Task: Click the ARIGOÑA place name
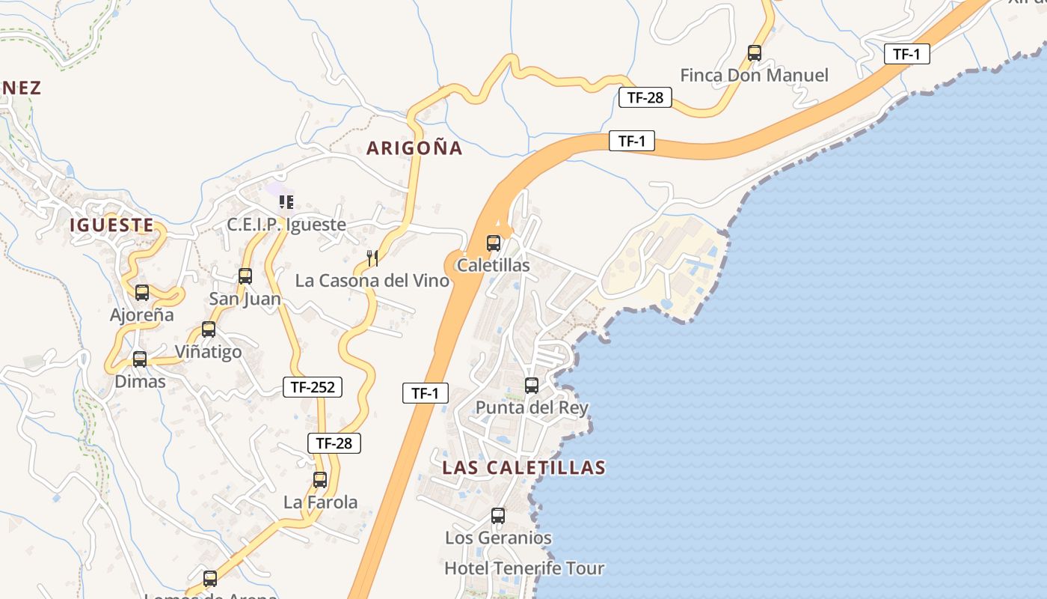[x=414, y=148]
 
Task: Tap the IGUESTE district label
[x=112, y=225]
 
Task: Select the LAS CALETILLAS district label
[x=523, y=468]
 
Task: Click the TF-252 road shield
[x=313, y=387]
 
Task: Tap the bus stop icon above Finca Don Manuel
[x=755, y=53]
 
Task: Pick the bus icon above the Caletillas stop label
[x=494, y=243]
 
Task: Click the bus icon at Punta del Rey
[x=532, y=386]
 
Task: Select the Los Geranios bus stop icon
[x=498, y=516]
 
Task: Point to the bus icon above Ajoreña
[x=142, y=293]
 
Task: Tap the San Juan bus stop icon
[x=245, y=276]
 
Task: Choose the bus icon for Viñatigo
[x=209, y=329]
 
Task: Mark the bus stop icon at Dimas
[x=140, y=359]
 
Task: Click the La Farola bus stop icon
[x=320, y=480]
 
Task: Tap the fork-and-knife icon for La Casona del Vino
[x=372, y=258]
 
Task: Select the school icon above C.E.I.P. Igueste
[x=286, y=202]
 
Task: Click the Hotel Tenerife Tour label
[x=524, y=568]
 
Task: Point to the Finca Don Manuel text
[x=754, y=76]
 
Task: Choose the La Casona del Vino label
[x=372, y=281]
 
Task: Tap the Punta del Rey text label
[x=532, y=408]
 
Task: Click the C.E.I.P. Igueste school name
[x=286, y=225]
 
